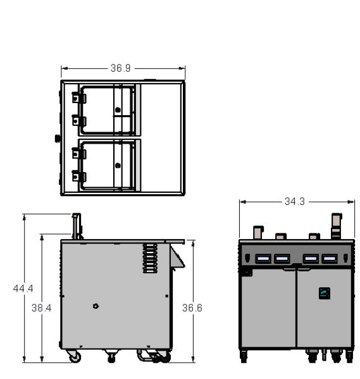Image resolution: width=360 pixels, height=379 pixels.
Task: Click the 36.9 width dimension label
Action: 120,68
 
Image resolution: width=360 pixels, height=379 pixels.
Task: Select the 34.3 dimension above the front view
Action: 294,201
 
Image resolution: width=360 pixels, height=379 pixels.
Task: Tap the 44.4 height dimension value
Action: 23,289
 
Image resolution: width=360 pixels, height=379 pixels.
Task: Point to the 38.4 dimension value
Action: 41,308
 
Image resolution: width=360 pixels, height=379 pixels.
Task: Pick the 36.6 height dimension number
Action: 192,308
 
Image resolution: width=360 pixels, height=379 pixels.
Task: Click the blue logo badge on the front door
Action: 325,293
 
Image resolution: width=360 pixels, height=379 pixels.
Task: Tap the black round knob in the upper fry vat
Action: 118,110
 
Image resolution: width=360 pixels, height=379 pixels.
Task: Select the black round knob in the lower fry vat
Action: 118,166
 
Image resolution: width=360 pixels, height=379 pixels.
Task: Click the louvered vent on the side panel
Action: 150,258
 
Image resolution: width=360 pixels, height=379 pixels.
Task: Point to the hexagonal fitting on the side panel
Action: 96,306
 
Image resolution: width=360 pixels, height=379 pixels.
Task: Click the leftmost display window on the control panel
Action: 263,259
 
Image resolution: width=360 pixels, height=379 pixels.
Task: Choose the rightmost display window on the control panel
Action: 329,259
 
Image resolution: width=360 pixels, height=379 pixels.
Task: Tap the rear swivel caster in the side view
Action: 75,356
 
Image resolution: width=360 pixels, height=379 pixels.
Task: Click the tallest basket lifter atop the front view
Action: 337,227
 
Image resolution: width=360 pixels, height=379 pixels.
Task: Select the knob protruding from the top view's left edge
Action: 58,139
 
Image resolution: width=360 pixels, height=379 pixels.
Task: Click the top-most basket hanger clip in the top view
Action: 79,97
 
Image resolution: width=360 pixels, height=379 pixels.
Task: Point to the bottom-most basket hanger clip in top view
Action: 79,176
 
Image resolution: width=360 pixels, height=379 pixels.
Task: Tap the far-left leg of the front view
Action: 244,356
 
